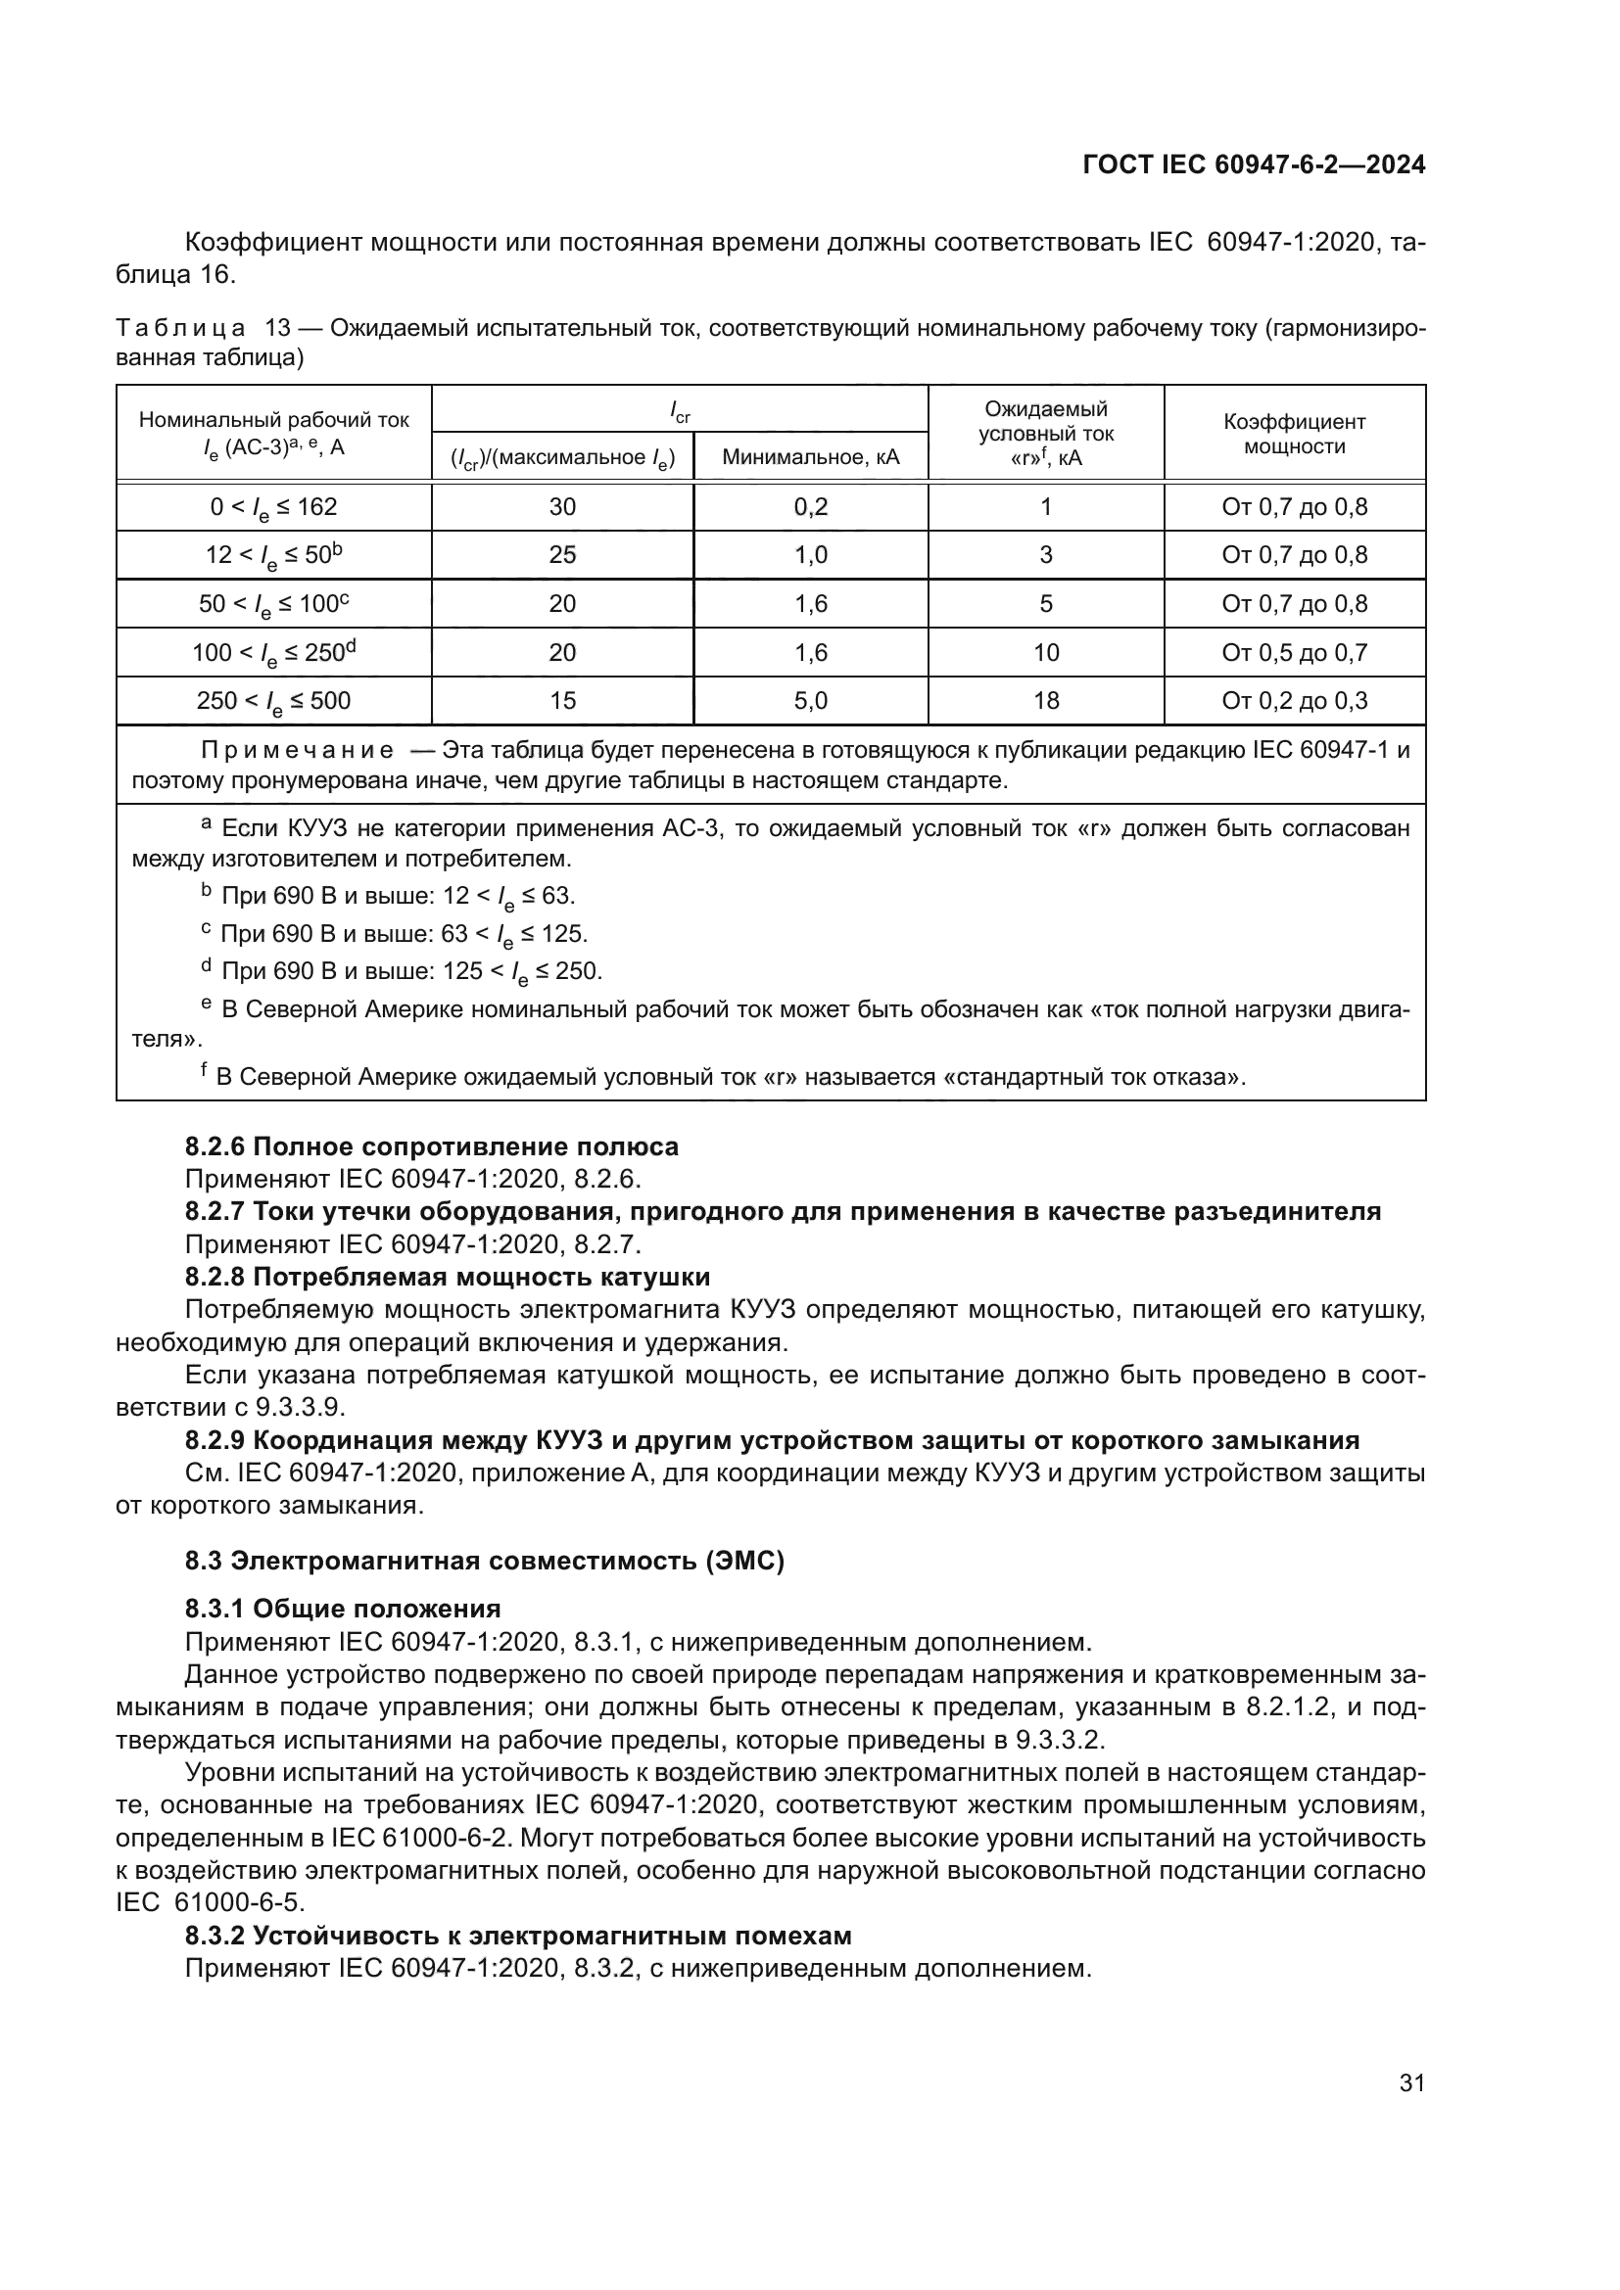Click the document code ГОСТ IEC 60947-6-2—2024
pyautogui.click(x=1253, y=165)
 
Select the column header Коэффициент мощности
pyautogui.click(x=1294, y=434)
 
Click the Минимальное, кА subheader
pyautogui.click(x=810, y=457)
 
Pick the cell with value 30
pyautogui.click(x=561, y=507)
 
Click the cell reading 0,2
pyautogui.click(x=810, y=507)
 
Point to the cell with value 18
pyautogui.click(x=1045, y=700)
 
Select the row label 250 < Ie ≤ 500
pyautogui.click(x=273, y=701)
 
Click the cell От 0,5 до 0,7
pyautogui.click(x=1294, y=652)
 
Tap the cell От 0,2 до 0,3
pyautogui.click(x=1294, y=700)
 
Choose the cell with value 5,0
pyautogui.click(x=810, y=700)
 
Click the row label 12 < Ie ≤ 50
pyautogui.click(x=273, y=555)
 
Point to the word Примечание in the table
pyautogui.click(x=296, y=750)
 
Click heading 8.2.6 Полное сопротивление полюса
pyautogui.click(x=431, y=1147)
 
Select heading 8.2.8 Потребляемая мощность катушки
pyautogui.click(x=447, y=1277)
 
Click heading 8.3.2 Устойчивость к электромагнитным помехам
pyautogui.click(x=518, y=1936)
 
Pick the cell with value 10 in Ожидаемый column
pyautogui.click(x=1045, y=652)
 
